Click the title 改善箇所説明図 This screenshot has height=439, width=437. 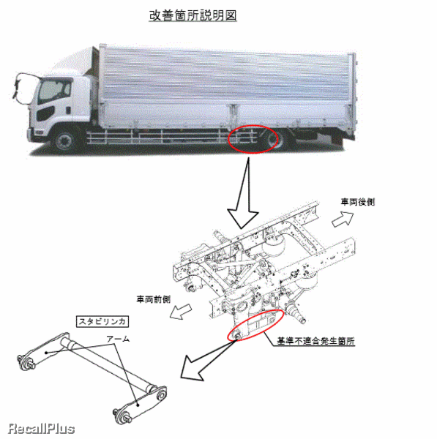(193, 15)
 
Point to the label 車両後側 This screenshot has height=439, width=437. (357, 202)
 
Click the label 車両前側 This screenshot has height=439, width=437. (154, 299)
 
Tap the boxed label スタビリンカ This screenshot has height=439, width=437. (102, 321)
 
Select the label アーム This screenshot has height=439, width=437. (118, 339)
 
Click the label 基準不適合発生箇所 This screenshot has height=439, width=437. (315, 341)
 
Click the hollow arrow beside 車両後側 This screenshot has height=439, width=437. (343, 219)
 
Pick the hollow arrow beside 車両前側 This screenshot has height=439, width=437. (181, 312)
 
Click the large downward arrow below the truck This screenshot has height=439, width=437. (243, 194)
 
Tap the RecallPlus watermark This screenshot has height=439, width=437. (42, 429)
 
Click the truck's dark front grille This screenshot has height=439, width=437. (45, 113)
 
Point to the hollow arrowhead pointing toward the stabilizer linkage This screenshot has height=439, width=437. (193, 368)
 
